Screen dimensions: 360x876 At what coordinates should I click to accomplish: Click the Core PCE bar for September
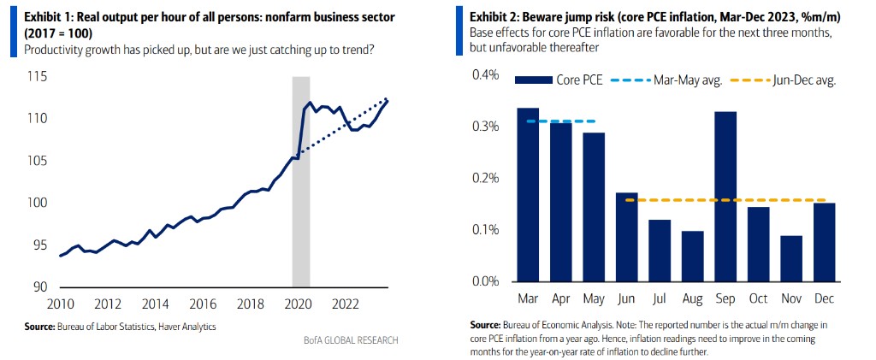pyautogui.click(x=725, y=197)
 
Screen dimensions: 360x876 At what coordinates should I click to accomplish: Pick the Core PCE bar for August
pyautogui.click(x=693, y=256)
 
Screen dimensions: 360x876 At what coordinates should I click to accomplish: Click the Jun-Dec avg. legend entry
pyautogui.click(x=787, y=80)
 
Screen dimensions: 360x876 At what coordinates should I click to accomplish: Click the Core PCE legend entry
pyautogui.click(x=560, y=80)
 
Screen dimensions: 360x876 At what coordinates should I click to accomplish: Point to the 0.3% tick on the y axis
pyautogui.click(x=486, y=127)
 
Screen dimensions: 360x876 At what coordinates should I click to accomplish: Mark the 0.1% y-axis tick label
pyautogui.click(x=486, y=230)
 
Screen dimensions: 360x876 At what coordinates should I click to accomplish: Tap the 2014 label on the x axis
pyautogui.click(x=154, y=304)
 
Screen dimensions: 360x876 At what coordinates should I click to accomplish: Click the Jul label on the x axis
pyautogui.click(x=660, y=299)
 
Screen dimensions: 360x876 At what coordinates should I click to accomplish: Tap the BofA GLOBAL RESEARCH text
pyautogui.click(x=352, y=340)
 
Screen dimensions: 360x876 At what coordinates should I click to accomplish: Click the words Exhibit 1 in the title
pyautogui.click(x=48, y=15)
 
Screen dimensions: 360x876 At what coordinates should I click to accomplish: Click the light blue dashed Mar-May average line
pyautogui.click(x=561, y=121)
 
